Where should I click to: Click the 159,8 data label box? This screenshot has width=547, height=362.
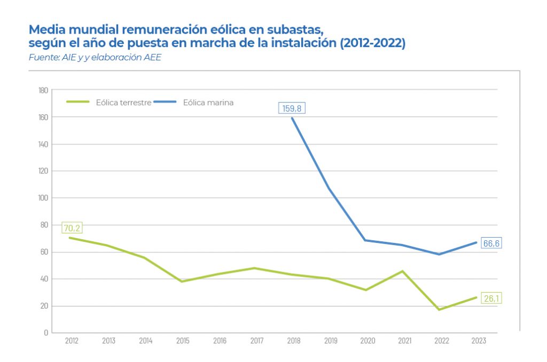pos(292,108)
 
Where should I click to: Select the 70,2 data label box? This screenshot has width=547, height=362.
pos(72,228)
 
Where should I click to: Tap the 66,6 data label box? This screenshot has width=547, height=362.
pos(490,243)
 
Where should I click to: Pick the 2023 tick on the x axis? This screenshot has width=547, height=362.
pos(479,341)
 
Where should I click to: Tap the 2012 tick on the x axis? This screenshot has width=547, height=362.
pos(71,341)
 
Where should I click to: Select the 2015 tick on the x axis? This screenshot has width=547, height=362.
pos(182,341)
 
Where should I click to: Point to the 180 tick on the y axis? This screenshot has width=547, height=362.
pos(43,90)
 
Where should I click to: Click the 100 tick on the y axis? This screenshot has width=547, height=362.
pos(43,198)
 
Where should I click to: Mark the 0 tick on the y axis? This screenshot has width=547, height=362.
pos(46,333)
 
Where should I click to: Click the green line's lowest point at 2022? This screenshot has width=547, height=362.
pos(439,310)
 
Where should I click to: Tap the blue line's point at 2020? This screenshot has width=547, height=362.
pos(365,240)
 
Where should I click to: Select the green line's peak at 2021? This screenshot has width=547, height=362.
pos(402,271)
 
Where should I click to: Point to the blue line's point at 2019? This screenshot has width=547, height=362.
pos(329,188)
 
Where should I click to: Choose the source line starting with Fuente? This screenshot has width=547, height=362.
pos(95,57)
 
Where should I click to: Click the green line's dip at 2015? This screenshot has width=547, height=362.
pos(182,281)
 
